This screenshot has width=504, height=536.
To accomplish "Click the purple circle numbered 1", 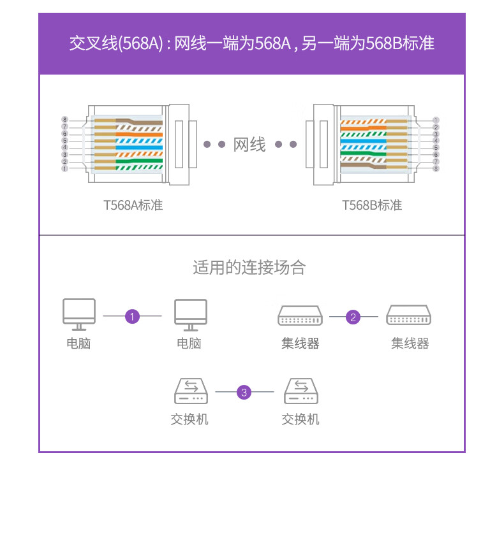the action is (x=132, y=316).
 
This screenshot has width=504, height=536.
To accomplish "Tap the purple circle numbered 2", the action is (x=353, y=317).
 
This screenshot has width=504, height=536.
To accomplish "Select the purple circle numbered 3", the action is (x=244, y=392).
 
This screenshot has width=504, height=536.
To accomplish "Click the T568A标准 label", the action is (x=133, y=205).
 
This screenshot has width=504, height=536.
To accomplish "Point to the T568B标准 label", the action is (x=372, y=205).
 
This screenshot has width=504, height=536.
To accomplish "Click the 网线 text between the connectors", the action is (x=249, y=144).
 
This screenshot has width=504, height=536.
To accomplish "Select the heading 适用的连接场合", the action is (x=249, y=267).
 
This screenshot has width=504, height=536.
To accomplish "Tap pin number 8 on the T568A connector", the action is (x=64, y=120).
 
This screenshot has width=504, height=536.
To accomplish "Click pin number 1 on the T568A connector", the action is (x=64, y=168).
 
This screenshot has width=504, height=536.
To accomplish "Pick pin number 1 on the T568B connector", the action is (x=436, y=120).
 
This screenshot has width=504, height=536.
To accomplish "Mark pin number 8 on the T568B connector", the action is (x=436, y=168).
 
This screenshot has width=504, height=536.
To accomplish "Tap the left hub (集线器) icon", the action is (x=300, y=315).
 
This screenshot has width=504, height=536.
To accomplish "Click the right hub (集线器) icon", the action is (x=408, y=315).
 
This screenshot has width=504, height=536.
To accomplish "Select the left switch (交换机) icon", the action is (x=191, y=391).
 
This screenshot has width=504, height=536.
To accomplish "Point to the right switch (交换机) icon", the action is (x=301, y=391).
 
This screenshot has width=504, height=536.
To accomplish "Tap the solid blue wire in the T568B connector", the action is (x=363, y=141).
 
